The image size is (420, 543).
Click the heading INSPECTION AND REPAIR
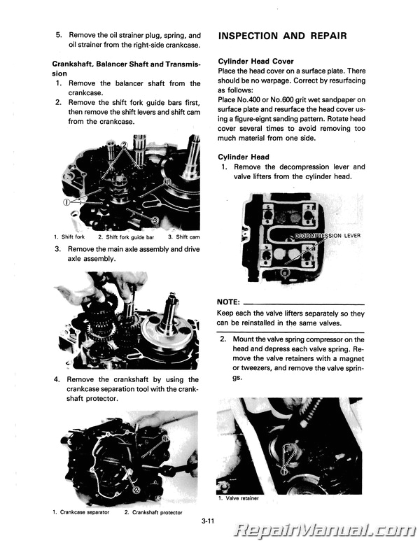tap(283, 36)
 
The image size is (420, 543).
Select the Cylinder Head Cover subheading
tap(256, 62)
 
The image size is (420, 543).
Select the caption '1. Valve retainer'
tap(239, 498)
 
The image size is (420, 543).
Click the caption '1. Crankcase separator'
tap(80, 512)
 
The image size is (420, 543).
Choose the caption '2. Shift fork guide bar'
tap(126, 237)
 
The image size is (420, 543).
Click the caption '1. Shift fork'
tap(68, 237)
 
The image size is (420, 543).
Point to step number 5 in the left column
tap(59, 34)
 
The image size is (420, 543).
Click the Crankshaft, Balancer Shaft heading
tap(126, 64)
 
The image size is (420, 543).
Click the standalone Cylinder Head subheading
tap(244, 157)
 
